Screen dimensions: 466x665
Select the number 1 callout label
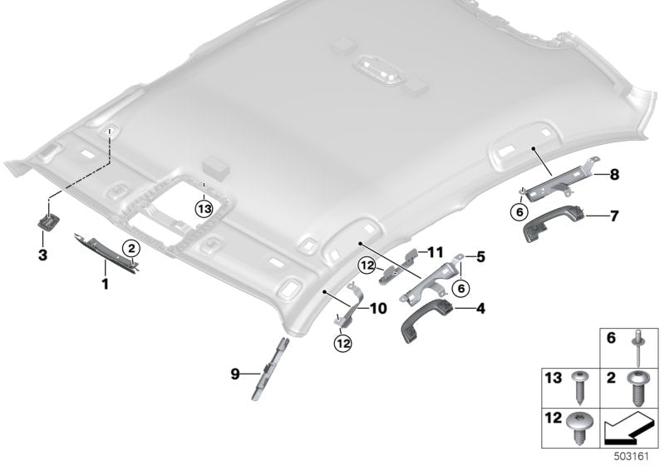click(x=106, y=285)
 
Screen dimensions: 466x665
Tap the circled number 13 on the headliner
click(x=204, y=207)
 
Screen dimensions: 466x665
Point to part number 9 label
click(x=235, y=374)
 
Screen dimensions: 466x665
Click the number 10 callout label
click(x=379, y=309)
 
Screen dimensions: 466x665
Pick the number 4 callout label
click(x=480, y=309)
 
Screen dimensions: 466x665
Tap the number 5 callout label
click(x=480, y=258)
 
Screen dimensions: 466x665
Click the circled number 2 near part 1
click(x=131, y=247)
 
